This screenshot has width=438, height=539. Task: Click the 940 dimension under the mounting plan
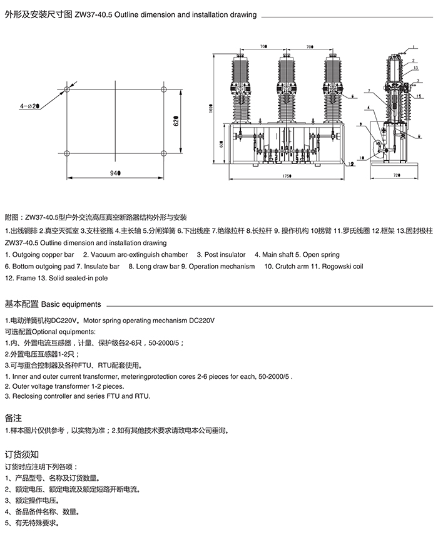click(x=115, y=172)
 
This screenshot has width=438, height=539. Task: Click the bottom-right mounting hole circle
click(x=163, y=153)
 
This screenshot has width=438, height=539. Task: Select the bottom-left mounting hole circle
click(x=67, y=153)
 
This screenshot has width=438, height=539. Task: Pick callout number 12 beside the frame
click(x=352, y=163)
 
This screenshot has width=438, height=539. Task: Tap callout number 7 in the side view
click(x=370, y=92)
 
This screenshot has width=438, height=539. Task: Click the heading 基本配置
click(x=21, y=304)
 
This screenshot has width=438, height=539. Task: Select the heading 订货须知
click(x=21, y=454)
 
